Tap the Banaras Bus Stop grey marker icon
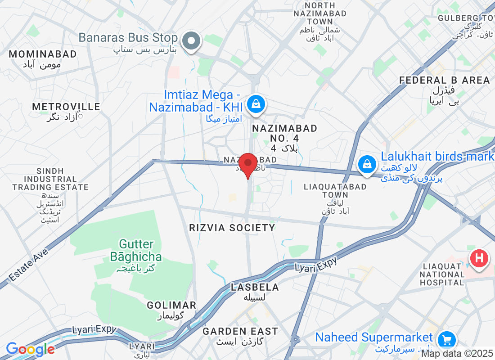pyautogui.click(x=192, y=41)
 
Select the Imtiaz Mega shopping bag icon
pyautogui.click(x=256, y=104)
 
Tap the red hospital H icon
pyautogui.click(x=479, y=259)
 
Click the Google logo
pyautogui.click(x=31, y=349)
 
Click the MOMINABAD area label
pyautogui.click(x=43, y=54)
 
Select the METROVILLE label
pyautogui.click(x=66, y=107)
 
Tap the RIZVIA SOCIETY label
pyautogui.click(x=232, y=228)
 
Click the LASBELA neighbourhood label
pyautogui.click(x=255, y=287)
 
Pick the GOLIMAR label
pyautogui.click(x=171, y=305)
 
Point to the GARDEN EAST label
pyautogui.click(x=240, y=332)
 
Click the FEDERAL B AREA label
pyautogui.click(x=445, y=81)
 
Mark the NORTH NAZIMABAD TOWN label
pyautogui.click(x=320, y=13)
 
